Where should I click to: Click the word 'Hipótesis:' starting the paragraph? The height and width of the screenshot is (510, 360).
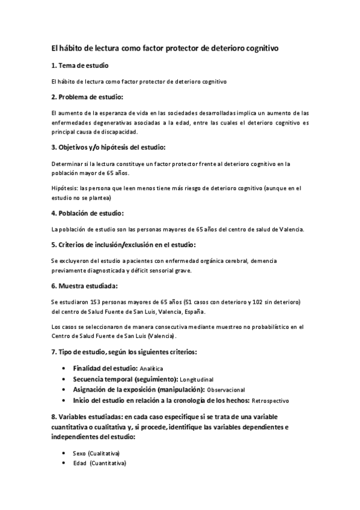[x=64, y=188]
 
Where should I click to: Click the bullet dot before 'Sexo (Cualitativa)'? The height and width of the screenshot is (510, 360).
[x=64, y=452]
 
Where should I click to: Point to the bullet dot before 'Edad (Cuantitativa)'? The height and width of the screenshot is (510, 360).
[x=64, y=463]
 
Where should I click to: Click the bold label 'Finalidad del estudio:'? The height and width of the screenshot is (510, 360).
[x=105, y=367]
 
